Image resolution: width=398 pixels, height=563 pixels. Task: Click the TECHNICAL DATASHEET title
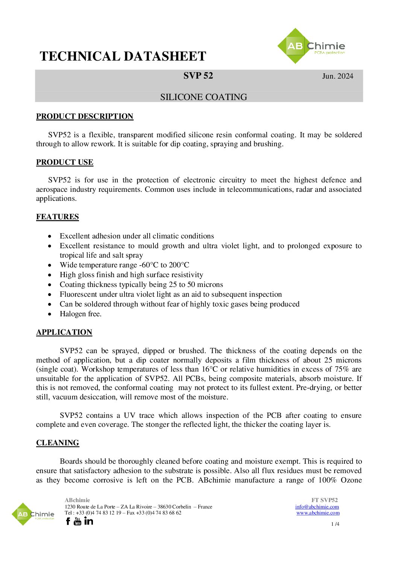123,56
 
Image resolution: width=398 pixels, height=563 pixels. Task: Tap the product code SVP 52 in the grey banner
198,76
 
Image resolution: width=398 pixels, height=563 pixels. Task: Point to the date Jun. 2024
337,76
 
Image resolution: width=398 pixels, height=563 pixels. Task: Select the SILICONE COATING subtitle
204,97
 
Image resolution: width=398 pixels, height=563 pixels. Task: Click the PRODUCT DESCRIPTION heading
85,116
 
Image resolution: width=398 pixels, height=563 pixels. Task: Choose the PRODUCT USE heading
65,162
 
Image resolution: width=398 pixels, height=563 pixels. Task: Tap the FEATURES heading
58,217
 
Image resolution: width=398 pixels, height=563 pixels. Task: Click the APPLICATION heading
64,332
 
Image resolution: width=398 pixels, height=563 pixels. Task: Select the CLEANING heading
58,443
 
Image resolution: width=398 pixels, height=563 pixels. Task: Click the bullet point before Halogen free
50,314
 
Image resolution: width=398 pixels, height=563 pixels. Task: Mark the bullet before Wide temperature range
50,265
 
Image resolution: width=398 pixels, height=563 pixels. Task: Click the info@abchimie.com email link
317,507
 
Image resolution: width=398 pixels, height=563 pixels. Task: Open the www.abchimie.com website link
318,513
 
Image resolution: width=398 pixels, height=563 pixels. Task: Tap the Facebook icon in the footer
68,521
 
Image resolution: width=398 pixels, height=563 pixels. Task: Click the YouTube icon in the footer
77,521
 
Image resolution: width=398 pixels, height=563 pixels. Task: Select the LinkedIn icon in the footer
89,521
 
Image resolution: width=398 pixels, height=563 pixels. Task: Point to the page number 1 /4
335,524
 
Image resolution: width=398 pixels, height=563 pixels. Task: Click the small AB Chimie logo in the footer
33,514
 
